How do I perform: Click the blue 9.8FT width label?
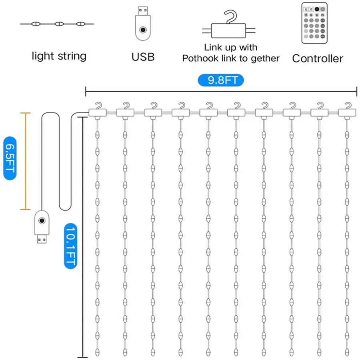point(221,80)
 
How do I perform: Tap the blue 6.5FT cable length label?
point(9,158)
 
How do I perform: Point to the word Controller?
point(318,58)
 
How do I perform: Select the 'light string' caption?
point(59,56)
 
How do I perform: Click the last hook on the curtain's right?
point(346,110)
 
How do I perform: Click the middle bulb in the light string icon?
point(59,24)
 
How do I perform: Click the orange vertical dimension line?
point(26,161)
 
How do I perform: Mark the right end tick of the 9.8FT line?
point(356,90)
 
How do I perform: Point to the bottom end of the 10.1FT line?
point(82,356)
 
